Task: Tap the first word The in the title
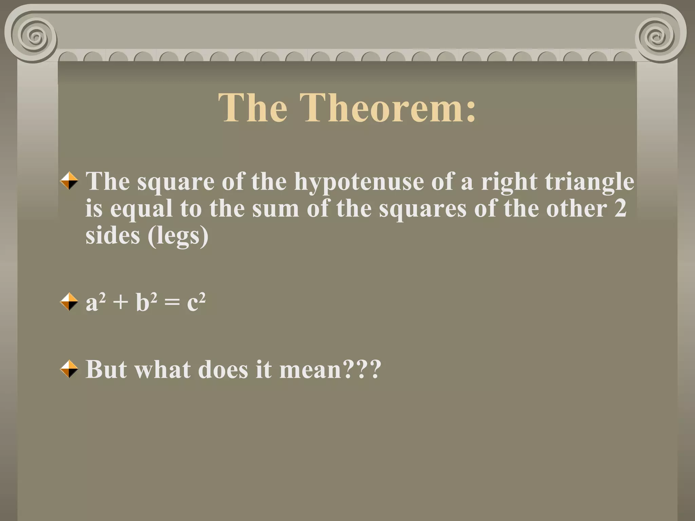[253, 108]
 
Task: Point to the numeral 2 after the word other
[620, 208]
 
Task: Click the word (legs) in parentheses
[178, 236]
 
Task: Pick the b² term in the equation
[146, 302]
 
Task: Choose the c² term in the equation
[196, 302]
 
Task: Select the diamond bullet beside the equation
[69, 302]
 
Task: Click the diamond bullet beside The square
[69, 180]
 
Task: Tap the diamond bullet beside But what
[69, 369]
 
